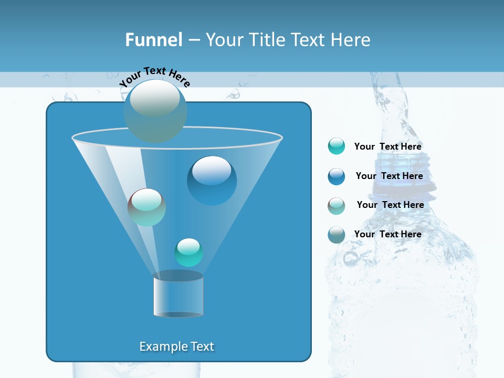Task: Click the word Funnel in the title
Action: click(153, 40)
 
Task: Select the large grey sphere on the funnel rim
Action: click(155, 111)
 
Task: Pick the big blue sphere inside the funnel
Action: click(212, 180)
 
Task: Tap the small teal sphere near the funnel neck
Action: click(188, 252)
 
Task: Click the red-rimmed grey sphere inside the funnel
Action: click(146, 207)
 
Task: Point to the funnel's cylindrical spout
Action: click(178, 296)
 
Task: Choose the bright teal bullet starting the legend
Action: click(337, 146)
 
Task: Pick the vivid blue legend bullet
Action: click(337, 176)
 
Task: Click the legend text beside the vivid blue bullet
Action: click(389, 176)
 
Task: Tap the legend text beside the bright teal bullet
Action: click(387, 146)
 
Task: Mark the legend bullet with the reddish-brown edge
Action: click(337, 206)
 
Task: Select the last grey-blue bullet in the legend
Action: click(337, 235)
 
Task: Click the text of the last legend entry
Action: click(387, 234)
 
